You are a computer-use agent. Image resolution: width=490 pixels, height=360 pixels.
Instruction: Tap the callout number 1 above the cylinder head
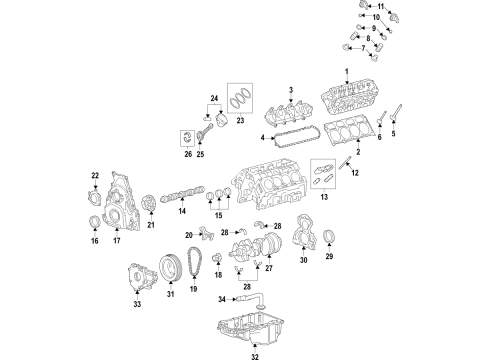(x=348, y=71)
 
